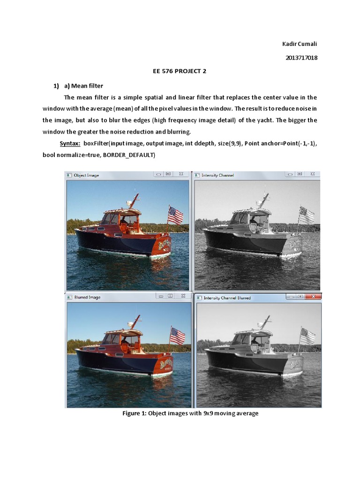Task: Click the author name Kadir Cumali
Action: pyautogui.click(x=300, y=44)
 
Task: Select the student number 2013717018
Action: pyautogui.click(x=301, y=58)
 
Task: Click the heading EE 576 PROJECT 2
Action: pyautogui.click(x=180, y=71)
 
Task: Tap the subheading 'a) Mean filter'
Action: pyautogui.click(x=83, y=86)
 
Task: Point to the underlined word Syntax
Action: pyautogui.click(x=70, y=143)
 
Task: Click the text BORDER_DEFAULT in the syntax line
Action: pyautogui.click(x=128, y=155)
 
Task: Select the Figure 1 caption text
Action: pyautogui.click(x=190, y=413)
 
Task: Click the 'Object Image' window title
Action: pyautogui.click(x=86, y=175)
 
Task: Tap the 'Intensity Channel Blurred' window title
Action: pyautogui.click(x=227, y=298)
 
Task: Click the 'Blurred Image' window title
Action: pyautogui.click(x=87, y=297)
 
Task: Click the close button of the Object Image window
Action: pyautogui.click(x=181, y=174)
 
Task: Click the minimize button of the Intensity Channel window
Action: pyautogui.click(x=290, y=174)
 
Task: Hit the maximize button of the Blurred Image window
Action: pyautogui.click(x=170, y=296)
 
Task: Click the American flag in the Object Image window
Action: pyautogui.click(x=175, y=215)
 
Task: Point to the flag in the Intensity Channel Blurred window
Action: pyautogui.click(x=308, y=336)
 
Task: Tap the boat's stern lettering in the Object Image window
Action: pyautogui.click(x=165, y=244)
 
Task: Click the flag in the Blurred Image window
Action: pyautogui.click(x=178, y=336)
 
